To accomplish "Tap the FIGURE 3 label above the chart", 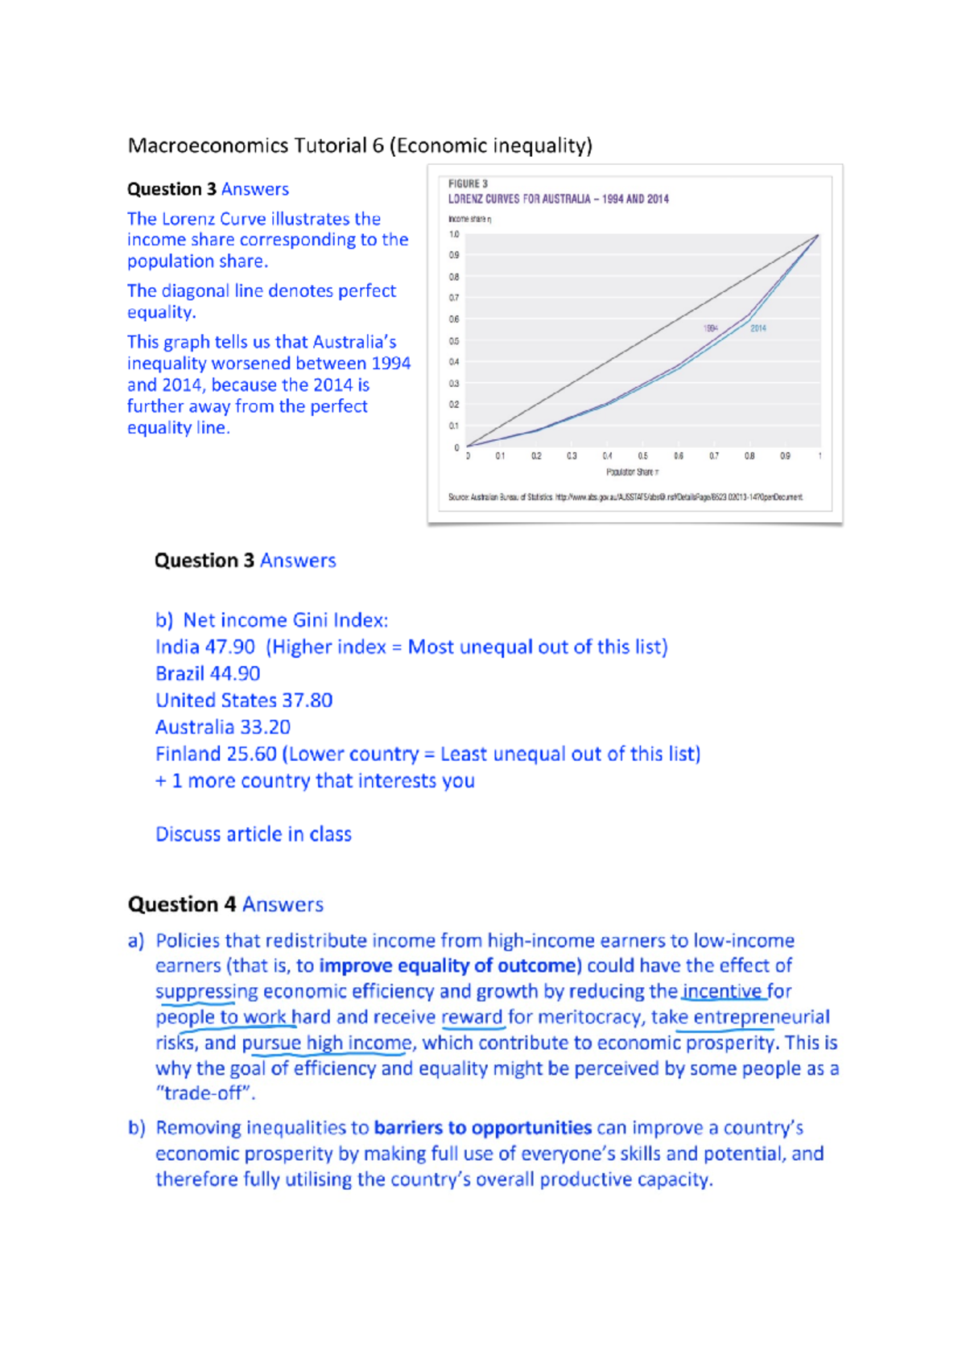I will point(468,184).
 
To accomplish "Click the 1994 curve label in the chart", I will point(710,328).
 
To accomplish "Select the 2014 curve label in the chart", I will point(758,328).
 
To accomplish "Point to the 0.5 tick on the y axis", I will point(454,341).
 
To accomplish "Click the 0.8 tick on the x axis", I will point(749,456).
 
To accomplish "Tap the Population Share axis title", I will point(633,472).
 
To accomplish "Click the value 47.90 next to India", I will point(229,647).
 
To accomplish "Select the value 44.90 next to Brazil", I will point(234,673).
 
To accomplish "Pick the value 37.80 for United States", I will point(307,700).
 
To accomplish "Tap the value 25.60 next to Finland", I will point(251,754).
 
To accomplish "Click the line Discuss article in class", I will point(254,834).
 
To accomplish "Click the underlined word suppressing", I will point(207,991).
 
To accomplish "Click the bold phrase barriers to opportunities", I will point(483,1128).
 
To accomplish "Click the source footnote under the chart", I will point(625,497).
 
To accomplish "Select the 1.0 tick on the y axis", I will point(454,235).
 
